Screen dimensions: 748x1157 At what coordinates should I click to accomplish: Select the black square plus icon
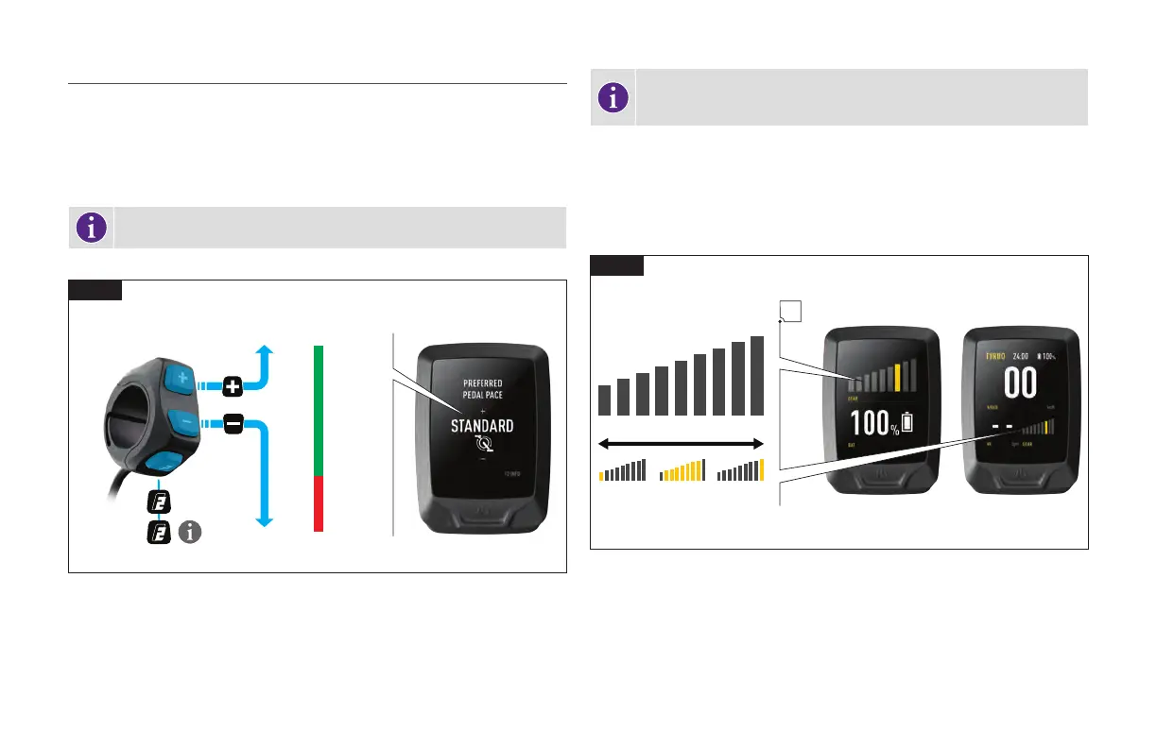233,385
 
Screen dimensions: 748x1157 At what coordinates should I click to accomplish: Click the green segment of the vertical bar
319,410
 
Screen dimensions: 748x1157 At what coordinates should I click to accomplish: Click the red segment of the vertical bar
319,503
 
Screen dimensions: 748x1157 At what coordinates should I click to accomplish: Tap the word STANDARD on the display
482,426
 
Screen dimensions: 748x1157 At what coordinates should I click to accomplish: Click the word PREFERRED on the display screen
482,383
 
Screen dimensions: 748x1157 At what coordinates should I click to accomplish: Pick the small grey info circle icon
191,534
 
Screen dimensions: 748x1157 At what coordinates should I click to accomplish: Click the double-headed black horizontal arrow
681,442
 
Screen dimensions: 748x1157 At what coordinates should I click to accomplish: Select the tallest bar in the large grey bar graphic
757,375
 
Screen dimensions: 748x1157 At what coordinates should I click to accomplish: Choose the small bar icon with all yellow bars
682,470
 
